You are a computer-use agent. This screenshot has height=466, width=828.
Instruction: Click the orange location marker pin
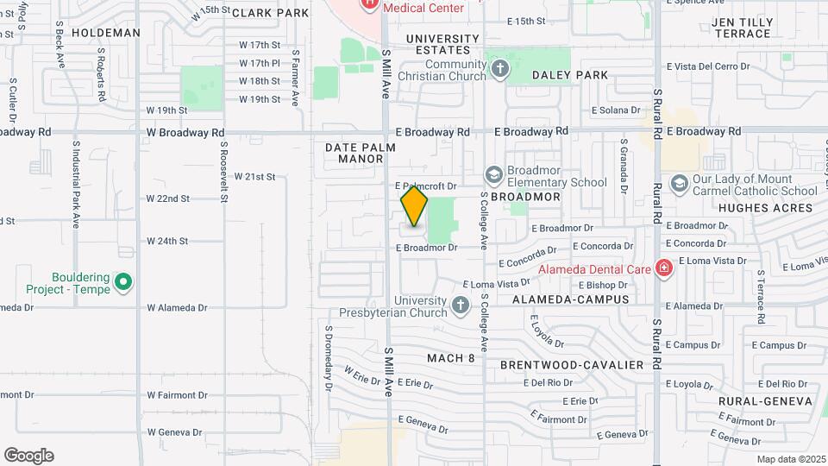(414, 207)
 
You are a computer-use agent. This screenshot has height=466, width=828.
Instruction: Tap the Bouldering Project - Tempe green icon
(122, 282)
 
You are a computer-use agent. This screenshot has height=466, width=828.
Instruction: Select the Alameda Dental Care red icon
(663, 268)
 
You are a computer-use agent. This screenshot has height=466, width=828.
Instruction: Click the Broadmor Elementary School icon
(493, 175)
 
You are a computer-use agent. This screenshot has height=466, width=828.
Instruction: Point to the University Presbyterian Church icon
(461, 305)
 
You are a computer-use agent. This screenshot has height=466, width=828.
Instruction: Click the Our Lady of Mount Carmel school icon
(679, 184)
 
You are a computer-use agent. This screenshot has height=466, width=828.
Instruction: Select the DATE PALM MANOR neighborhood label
(361, 153)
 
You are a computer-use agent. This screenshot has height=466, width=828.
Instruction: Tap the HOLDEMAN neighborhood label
(106, 33)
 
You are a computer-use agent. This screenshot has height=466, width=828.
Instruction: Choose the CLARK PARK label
(270, 13)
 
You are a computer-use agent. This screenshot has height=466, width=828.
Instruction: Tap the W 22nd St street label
(167, 198)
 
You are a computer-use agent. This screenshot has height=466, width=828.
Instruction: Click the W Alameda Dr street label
(177, 307)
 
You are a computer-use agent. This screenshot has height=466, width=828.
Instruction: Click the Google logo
(28, 456)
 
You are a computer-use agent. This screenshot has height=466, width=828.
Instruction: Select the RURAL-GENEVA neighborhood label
(766, 401)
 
